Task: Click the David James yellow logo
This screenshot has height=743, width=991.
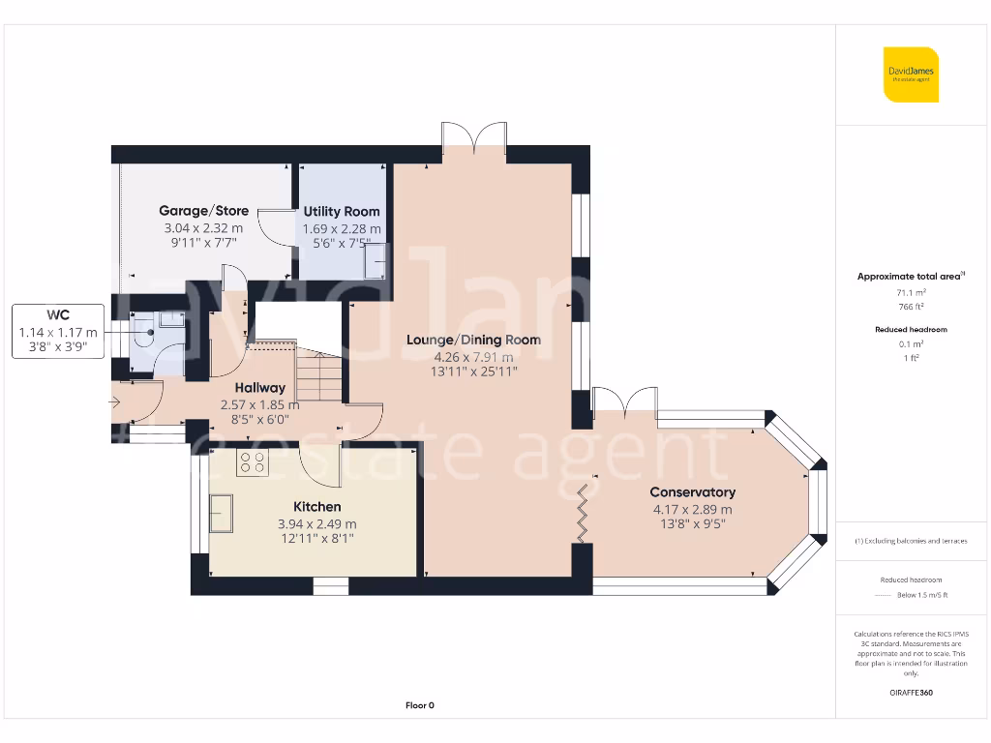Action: pos(911,74)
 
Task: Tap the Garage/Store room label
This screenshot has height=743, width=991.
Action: pos(203,211)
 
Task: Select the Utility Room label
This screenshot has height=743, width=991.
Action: pos(342,212)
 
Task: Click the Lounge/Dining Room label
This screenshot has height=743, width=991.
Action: pos(473,340)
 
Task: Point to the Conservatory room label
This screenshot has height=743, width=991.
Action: pos(692,492)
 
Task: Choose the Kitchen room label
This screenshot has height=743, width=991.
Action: pos(316,507)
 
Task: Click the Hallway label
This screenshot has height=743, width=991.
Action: pos(259,388)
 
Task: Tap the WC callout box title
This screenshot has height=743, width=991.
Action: pos(58,314)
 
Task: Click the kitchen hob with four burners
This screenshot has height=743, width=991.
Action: pos(253,463)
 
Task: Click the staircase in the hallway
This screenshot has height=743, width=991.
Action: pos(318,376)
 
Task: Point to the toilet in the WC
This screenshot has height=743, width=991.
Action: pos(144,334)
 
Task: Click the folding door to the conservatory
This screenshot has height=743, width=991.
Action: pos(584,513)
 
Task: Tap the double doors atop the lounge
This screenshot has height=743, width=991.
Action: pos(474,136)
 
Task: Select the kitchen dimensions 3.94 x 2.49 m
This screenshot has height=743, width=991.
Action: pos(316,524)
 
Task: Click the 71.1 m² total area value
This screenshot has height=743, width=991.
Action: pos(910,291)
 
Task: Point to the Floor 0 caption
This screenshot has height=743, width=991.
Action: pos(419,705)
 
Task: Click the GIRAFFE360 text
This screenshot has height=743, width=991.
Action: pos(910,693)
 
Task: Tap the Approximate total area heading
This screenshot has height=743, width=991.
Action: pos(910,277)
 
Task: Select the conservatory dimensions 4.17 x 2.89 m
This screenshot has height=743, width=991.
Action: pos(692,510)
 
